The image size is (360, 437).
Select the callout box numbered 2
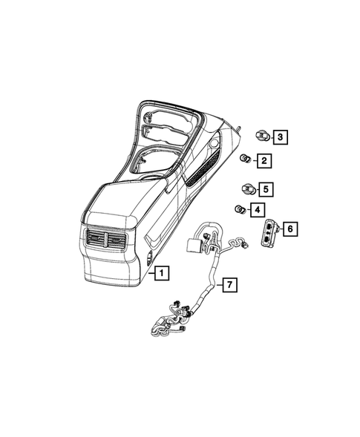(x=264, y=160)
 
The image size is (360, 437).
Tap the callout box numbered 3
(x=280, y=137)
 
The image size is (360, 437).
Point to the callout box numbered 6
(x=289, y=229)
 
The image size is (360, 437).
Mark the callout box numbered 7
(x=231, y=284)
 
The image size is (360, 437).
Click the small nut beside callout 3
(x=260, y=136)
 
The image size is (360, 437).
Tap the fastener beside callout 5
(x=246, y=188)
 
